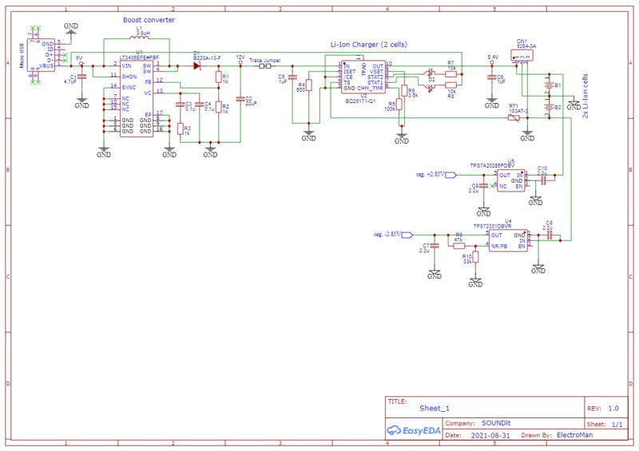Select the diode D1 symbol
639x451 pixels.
(196, 65)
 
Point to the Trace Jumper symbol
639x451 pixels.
(264, 66)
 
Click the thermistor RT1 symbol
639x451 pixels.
(514, 118)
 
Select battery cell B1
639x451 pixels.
(548, 85)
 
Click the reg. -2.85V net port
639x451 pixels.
(406, 235)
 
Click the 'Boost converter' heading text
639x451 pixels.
(149, 19)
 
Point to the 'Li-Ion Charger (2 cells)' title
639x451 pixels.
(368, 45)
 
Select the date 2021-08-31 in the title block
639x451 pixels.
(488, 436)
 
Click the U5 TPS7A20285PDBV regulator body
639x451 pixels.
(511, 180)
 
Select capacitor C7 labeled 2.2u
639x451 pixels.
(435, 247)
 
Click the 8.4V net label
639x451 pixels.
(493, 57)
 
